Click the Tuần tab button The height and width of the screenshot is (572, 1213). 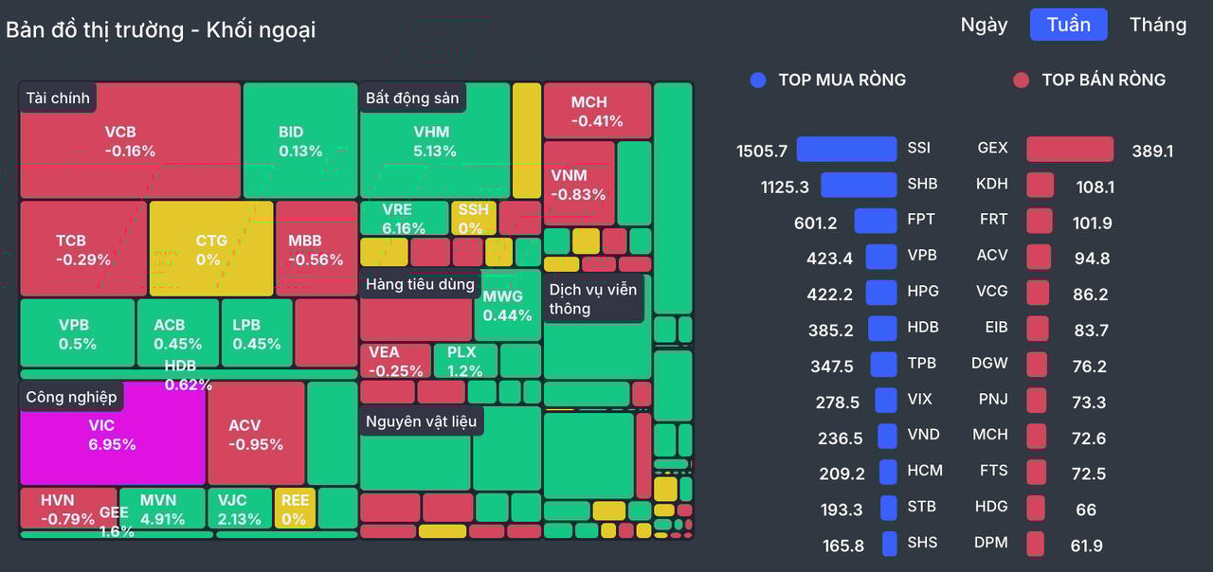click(x=1068, y=25)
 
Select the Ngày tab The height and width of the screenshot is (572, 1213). click(x=984, y=25)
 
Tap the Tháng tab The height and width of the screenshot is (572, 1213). click(x=1157, y=25)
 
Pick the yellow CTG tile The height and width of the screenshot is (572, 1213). click(x=210, y=249)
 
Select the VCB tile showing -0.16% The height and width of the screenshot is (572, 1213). click(x=130, y=140)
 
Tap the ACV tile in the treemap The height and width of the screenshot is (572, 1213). click(x=256, y=434)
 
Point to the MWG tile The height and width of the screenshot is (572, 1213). click(x=507, y=305)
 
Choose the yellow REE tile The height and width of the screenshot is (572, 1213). click(x=294, y=509)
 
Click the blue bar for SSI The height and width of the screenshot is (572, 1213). click(x=846, y=149)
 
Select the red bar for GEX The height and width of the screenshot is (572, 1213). click(x=1070, y=149)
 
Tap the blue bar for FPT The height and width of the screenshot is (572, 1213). click(x=875, y=221)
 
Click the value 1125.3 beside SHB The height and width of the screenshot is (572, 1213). click(x=785, y=187)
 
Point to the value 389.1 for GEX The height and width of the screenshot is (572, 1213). click(x=1152, y=151)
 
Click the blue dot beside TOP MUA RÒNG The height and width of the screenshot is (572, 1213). click(x=757, y=80)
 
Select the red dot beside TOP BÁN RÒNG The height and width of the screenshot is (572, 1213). click(x=1021, y=80)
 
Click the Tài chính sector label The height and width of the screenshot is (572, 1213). click(x=58, y=98)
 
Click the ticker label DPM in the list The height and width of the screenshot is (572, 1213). click(x=990, y=543)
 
